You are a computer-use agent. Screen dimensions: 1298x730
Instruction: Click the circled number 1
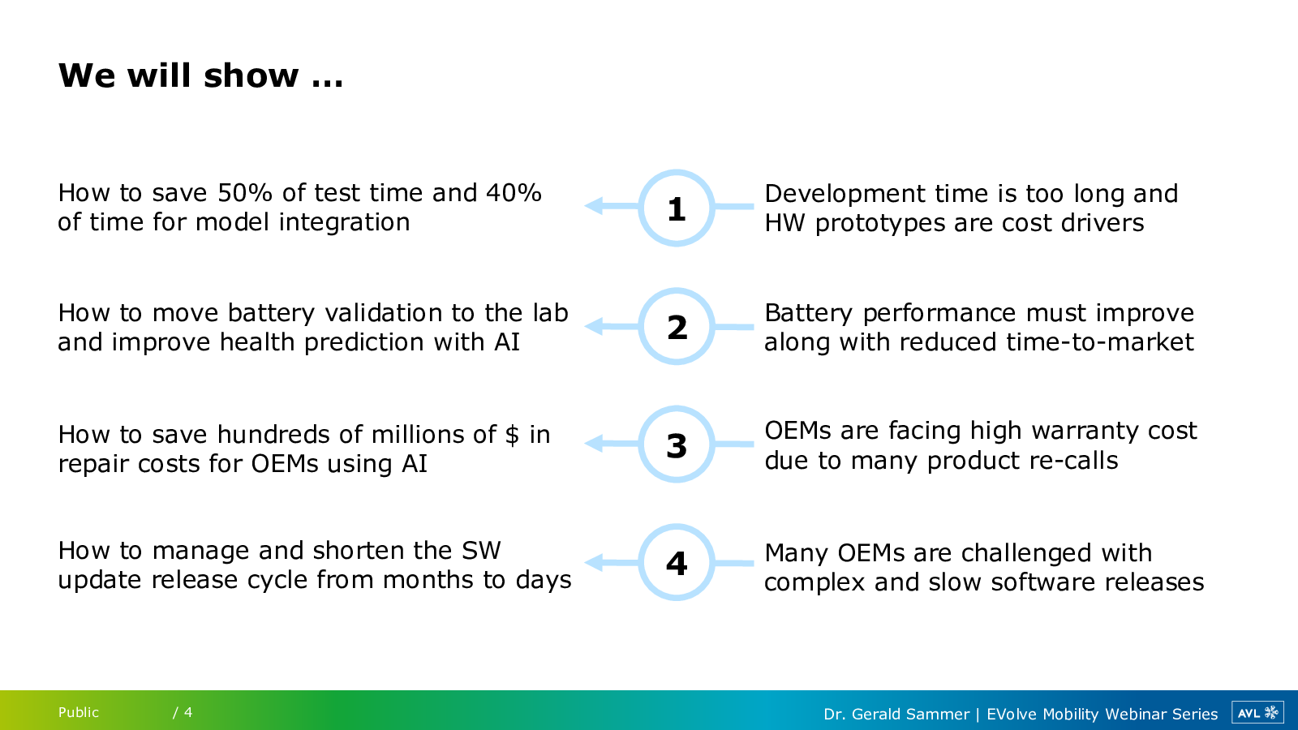coord(677,209)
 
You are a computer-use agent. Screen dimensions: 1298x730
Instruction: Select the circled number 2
coord(677,328)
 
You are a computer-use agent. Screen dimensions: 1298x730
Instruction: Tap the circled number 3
coord(677,446)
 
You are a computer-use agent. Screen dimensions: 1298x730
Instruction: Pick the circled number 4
coord(677,563)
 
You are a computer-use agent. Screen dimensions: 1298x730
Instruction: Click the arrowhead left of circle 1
coord(593,206)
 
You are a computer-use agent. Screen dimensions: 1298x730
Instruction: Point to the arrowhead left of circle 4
coord(593,563)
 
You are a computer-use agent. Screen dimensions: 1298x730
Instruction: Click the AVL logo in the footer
coord(1257,713)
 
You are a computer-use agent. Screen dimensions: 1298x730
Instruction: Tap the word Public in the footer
coord(78,713)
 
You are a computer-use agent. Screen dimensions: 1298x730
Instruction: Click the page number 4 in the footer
coord(187,713)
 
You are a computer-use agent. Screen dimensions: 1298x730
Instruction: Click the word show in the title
coord(251,75)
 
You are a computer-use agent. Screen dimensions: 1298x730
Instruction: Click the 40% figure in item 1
coord(514,193)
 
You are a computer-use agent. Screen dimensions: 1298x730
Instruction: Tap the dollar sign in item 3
coord(512,435)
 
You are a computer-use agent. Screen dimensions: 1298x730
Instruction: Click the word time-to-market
coord(1100,342)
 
